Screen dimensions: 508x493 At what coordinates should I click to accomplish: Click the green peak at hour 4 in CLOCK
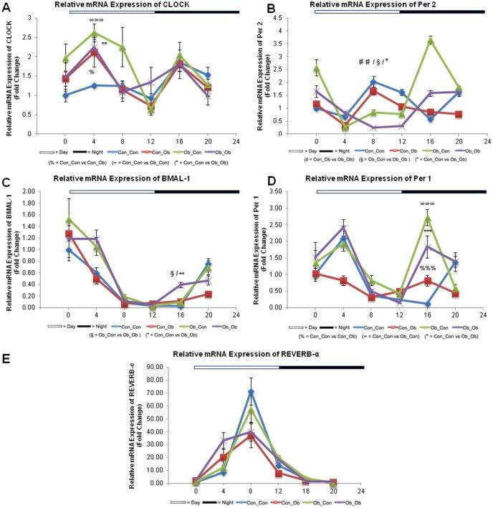[x=95, y=33]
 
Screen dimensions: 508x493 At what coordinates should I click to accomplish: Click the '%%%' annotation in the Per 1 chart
[x=429, y=269]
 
